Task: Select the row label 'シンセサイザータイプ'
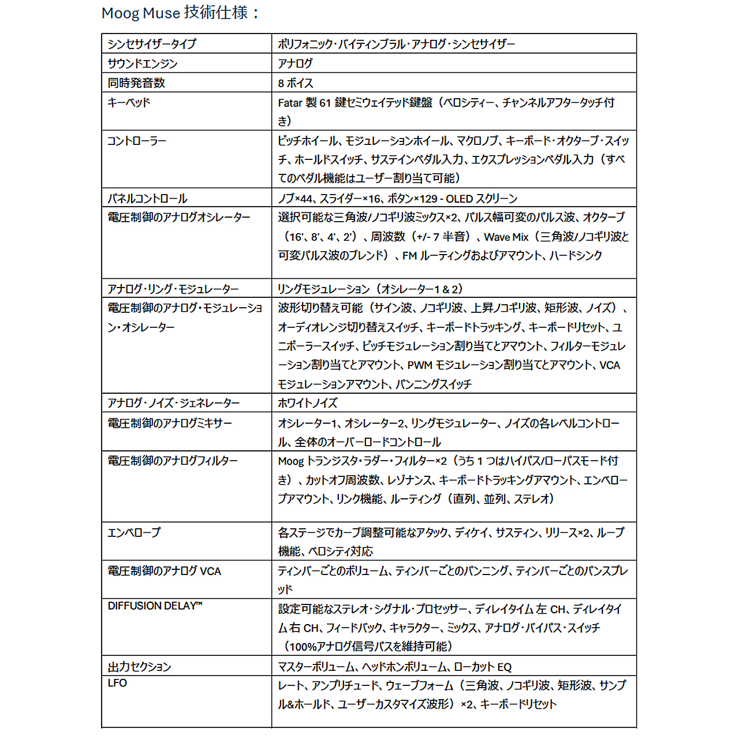152,44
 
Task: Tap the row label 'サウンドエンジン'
142,64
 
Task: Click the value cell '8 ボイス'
296,83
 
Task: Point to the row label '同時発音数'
136,83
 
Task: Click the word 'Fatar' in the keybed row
290,103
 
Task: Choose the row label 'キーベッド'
129,103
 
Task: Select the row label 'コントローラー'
137,141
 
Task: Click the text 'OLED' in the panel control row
460,199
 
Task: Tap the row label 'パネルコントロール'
147,199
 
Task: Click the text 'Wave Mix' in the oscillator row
506,237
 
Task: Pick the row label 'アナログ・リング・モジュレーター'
173,289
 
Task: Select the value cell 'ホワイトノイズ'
307,403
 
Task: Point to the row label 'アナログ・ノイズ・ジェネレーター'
174,403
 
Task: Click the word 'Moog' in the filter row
290,461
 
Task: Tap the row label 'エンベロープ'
134,532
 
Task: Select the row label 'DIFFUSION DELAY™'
155,606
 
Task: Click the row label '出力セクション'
139,667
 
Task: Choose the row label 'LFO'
117,684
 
